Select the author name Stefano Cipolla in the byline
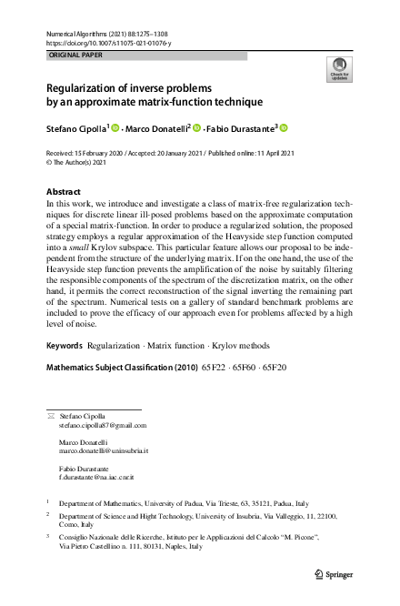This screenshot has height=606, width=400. pyautogui.click(x=77, y=128)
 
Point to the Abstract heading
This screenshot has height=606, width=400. pyautogui.click(x=64, y=192)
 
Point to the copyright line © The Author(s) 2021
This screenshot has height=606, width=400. pyautogui.click(x=83, y=163)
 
